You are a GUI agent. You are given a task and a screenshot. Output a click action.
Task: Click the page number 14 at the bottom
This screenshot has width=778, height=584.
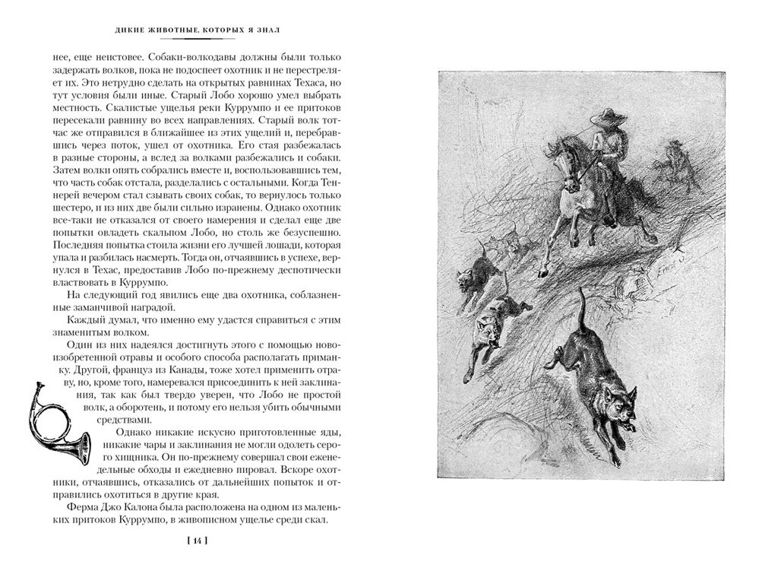coord(196,541)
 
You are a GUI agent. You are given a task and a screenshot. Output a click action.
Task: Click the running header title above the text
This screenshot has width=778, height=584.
coord(197,30)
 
